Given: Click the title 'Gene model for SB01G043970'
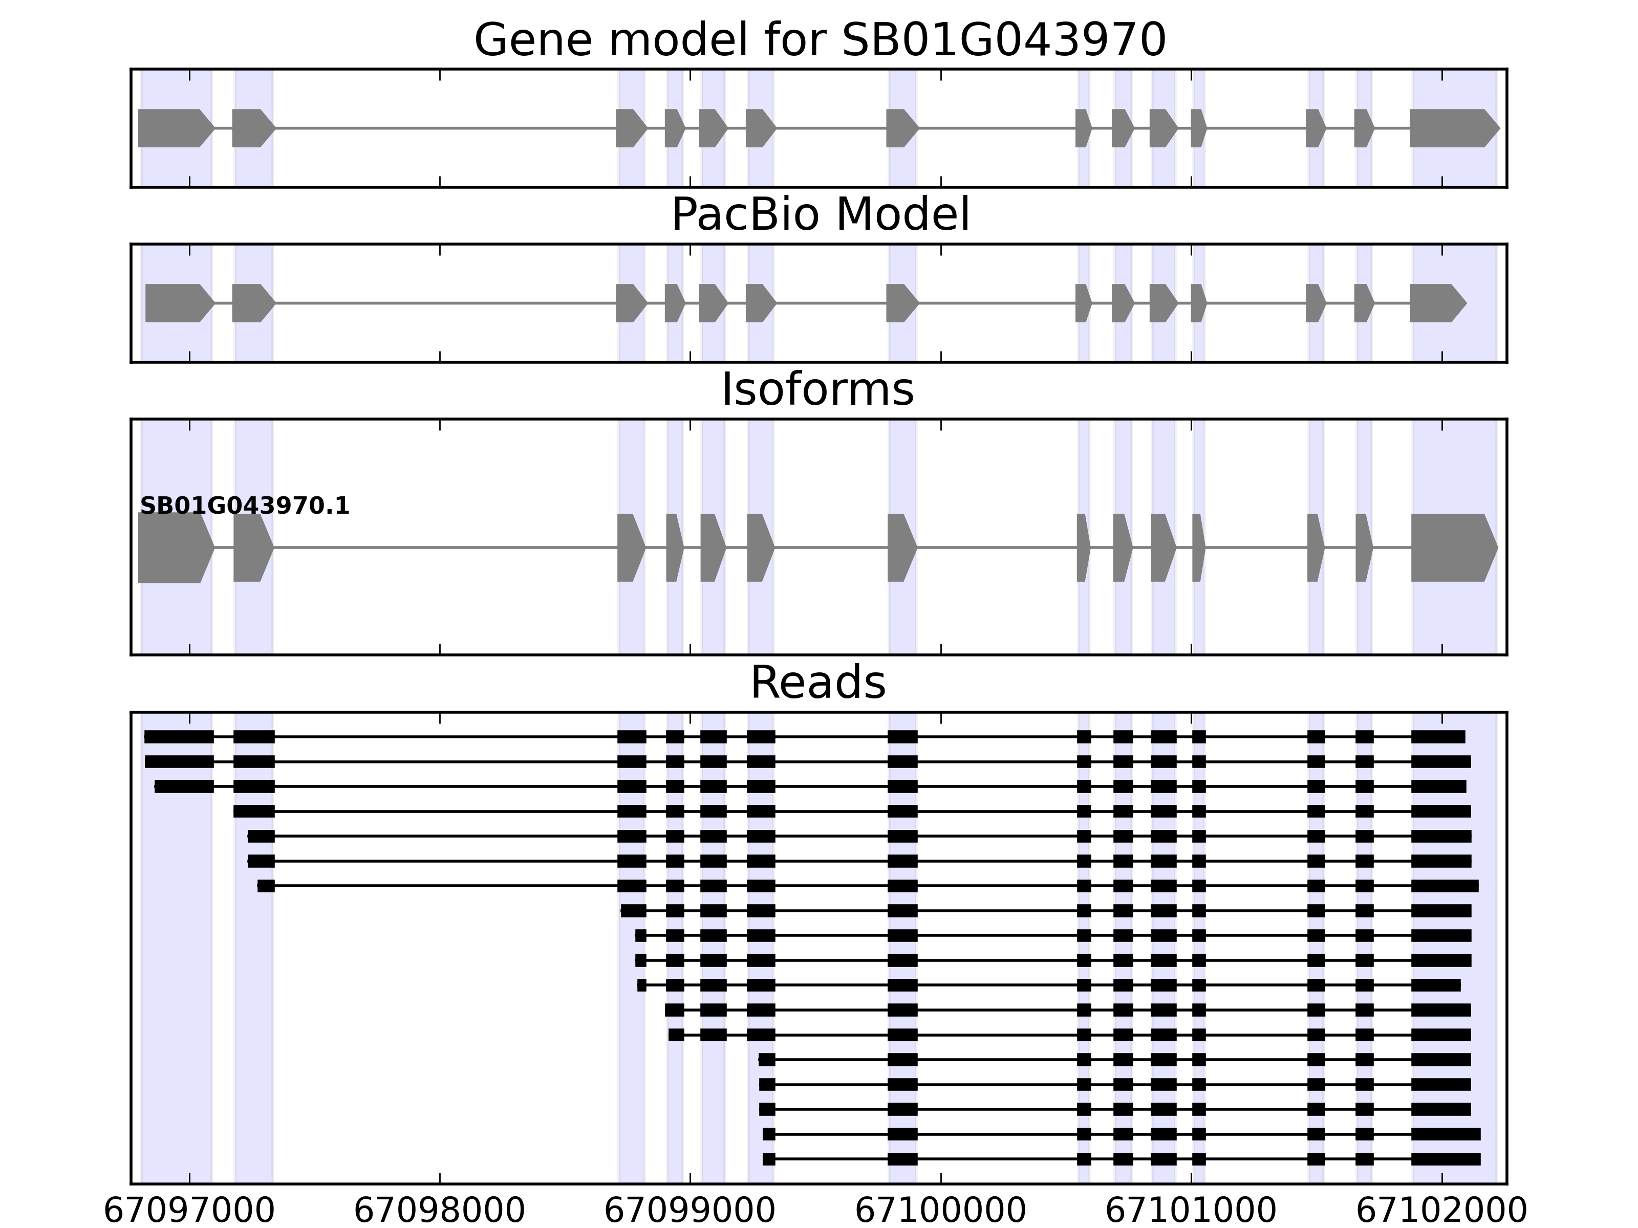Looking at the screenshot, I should click(x=819, y=40).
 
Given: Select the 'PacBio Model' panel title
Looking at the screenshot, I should click(x=819, y=215).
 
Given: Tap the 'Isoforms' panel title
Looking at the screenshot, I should click(x=817, y=389).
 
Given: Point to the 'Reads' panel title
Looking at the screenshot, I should click(x=817, y=683).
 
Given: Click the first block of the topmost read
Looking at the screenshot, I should click(x=179, y=736).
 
